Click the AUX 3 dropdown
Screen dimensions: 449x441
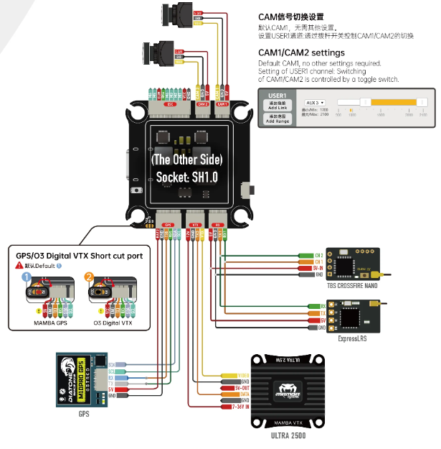(x=315, y=103)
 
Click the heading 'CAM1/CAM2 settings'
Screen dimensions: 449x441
(x=301, y=52)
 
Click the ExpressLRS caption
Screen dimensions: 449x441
(x=351, y=338)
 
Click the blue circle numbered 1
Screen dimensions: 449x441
(x=27, y=277)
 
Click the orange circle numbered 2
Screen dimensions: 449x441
(x=89, y=277)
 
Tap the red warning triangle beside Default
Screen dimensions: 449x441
(x=20, y=265)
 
